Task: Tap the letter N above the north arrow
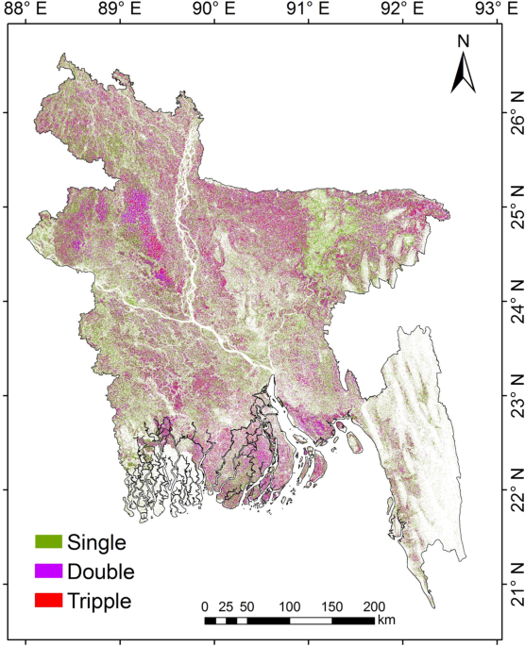tap(463, 41)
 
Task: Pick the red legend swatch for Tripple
tap(48, 600)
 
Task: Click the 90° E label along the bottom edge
tap(214, 638)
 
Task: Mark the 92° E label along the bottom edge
tap(402, 638)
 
